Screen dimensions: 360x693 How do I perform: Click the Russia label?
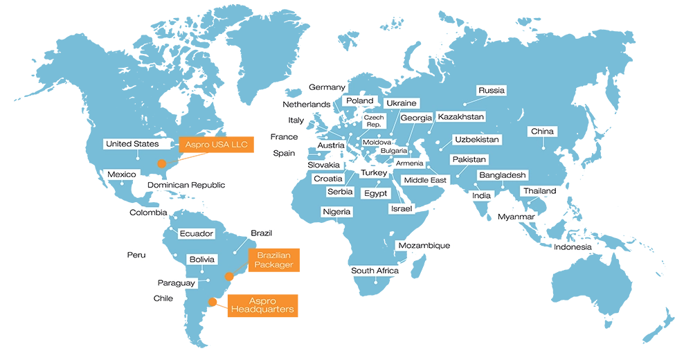492,91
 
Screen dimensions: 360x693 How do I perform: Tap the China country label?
543,132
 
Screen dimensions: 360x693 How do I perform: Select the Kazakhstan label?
461,117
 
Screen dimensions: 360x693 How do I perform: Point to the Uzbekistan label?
476,140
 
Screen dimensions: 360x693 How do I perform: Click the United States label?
132,144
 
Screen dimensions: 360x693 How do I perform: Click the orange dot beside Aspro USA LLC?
161,164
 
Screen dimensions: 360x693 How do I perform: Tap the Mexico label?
122,174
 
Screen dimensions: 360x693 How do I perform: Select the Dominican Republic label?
186,186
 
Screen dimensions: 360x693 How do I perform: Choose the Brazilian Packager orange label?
273,260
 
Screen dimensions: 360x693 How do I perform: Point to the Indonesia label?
573,247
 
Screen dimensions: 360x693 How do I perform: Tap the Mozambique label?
424,246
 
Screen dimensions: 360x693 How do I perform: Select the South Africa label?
375,271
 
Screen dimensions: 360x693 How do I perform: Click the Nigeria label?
336,212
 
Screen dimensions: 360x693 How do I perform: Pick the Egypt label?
376,194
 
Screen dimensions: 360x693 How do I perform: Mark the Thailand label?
539,191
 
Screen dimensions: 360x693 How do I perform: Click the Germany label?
327,88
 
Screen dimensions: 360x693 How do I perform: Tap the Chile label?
163,298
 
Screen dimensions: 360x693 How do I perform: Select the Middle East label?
425,181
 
